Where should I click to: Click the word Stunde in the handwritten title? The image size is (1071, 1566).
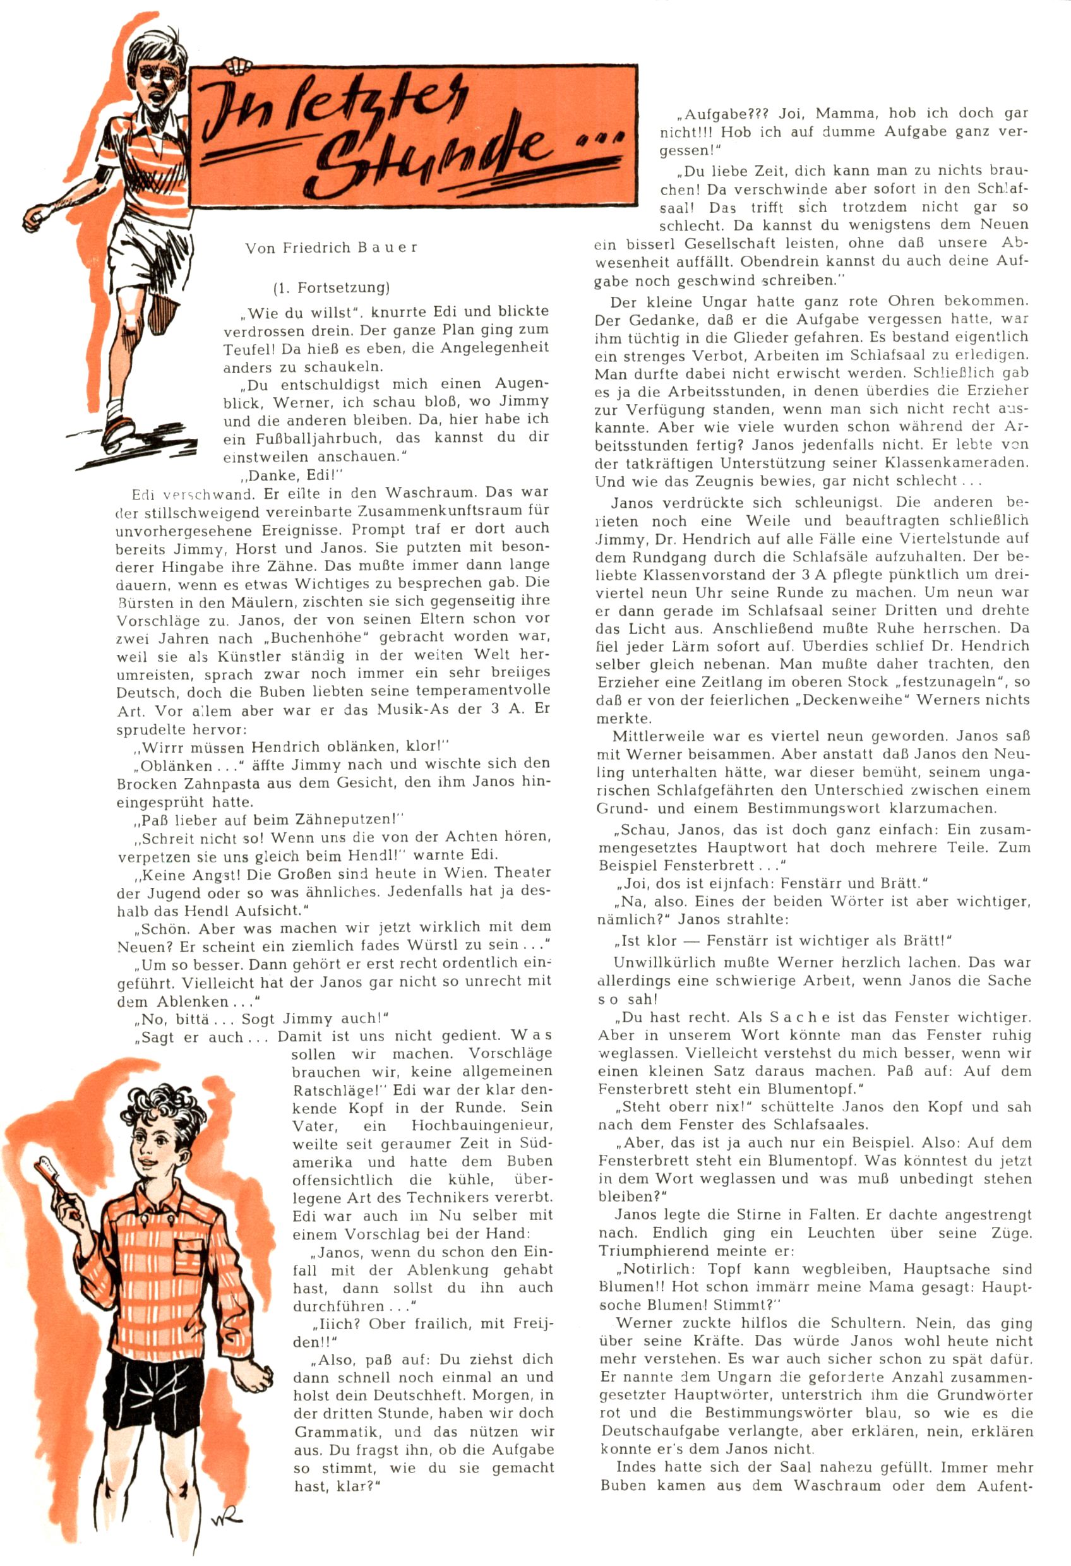(431, 152)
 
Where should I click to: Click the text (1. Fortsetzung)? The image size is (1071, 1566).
(331, 288)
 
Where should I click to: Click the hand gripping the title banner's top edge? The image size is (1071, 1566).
(237, 66)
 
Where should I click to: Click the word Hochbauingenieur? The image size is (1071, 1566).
(482, 1126)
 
